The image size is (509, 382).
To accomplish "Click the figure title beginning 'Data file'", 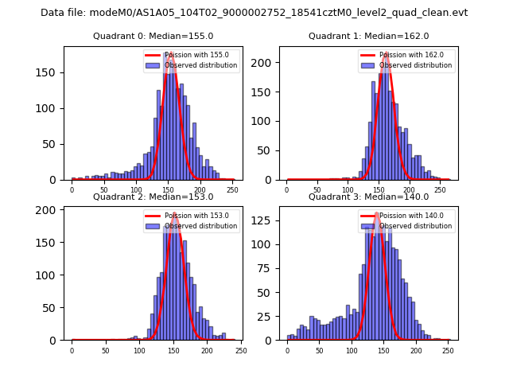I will click(254, 13).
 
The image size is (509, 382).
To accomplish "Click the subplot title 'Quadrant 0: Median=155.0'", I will click(153, 36).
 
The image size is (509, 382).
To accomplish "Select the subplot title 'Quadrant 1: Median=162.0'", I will click(368, 36).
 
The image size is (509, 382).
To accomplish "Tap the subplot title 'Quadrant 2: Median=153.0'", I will click(153, 197).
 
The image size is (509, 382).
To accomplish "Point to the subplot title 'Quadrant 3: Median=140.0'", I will click(368, 197).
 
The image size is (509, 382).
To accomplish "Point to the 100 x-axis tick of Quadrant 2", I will click(139, 349).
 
